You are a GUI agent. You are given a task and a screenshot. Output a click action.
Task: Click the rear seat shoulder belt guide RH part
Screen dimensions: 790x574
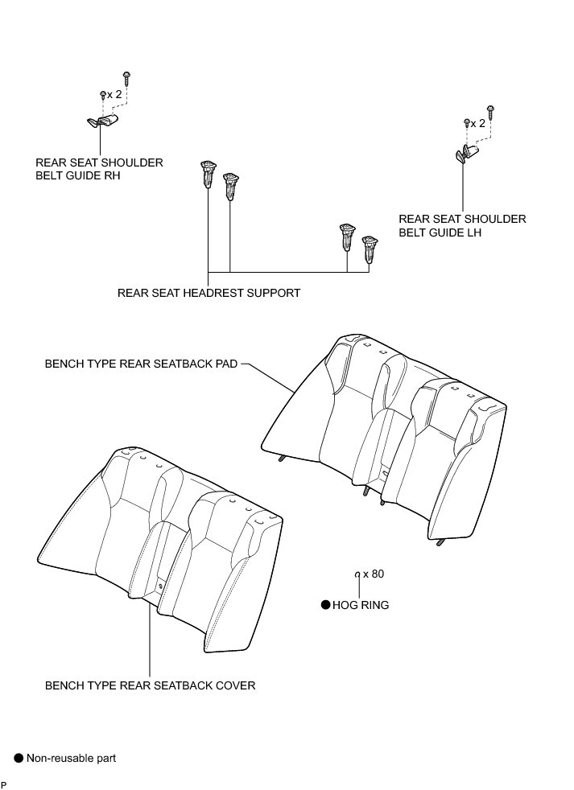click(x=102, y=121)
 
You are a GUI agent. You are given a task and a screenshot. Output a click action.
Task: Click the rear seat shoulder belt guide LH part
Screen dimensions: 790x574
click(x=465, y=153)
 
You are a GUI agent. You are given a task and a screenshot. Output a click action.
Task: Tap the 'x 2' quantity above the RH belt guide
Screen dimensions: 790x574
click(x=114, y=95)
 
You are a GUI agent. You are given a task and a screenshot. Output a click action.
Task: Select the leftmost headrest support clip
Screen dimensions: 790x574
click(x=207, y=173)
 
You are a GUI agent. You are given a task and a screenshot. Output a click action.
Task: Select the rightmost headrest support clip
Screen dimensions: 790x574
click(x=370, y=248)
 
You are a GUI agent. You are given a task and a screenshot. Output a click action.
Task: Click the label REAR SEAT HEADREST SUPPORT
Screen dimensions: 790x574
click(x=209, y=293)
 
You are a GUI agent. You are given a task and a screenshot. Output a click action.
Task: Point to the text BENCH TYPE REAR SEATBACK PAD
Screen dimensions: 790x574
click(x=141, y=364)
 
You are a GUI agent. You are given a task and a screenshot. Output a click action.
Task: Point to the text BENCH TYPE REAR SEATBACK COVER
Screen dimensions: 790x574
click(x=150, y=685)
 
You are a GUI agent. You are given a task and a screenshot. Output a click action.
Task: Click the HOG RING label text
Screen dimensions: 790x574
click(x=360, y=605)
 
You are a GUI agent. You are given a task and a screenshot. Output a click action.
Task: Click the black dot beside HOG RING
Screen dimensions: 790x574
click(x=325, y=605)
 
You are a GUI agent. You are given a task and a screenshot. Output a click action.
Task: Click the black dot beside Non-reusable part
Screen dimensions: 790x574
click(x=18, y=757)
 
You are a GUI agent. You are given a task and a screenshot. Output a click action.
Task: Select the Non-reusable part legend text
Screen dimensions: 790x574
click(x=71, y=757)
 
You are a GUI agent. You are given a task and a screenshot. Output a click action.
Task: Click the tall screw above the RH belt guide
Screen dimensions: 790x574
click(x=127, y=77)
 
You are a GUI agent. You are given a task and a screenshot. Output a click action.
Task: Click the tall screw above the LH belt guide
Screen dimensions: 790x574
click(x=490, y=109)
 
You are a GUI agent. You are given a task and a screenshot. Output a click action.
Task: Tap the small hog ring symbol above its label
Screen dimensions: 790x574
click(x=357, y=574)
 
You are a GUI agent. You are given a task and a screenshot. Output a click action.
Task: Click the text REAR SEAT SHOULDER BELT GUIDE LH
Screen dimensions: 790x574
click(x=462, y=225)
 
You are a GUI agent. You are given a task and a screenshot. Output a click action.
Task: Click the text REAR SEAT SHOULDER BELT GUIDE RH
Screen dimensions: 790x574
click(x=99, y=169)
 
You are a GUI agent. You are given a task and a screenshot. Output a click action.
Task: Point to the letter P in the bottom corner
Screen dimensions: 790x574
click(x=4, y=784)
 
